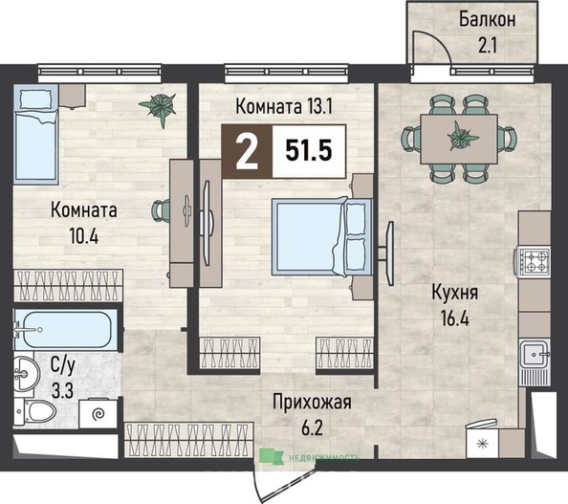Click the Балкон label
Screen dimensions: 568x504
pos(488,19)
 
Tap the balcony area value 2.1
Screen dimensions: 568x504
pos(488,46)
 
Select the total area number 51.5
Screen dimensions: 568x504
pos(309,150)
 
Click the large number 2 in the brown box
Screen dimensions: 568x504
pos(247,151)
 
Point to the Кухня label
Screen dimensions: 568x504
pos(454,292)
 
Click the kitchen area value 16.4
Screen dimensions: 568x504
pos(454,319)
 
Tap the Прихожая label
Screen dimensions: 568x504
pos(313,403)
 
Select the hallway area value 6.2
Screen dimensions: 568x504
pos(312,428)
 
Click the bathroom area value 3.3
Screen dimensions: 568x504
pos(63,391)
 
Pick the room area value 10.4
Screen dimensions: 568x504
pos(84,237)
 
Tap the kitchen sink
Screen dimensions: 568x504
pos(535,354)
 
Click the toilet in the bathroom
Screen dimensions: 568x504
pos(35,411)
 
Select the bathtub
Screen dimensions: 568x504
pos(66,329)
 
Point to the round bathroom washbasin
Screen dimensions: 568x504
pos(27,373)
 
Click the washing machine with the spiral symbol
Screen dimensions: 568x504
pos(98,413)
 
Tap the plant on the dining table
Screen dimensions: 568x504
pos(463,137)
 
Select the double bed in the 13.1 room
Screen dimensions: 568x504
pos(321,236)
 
